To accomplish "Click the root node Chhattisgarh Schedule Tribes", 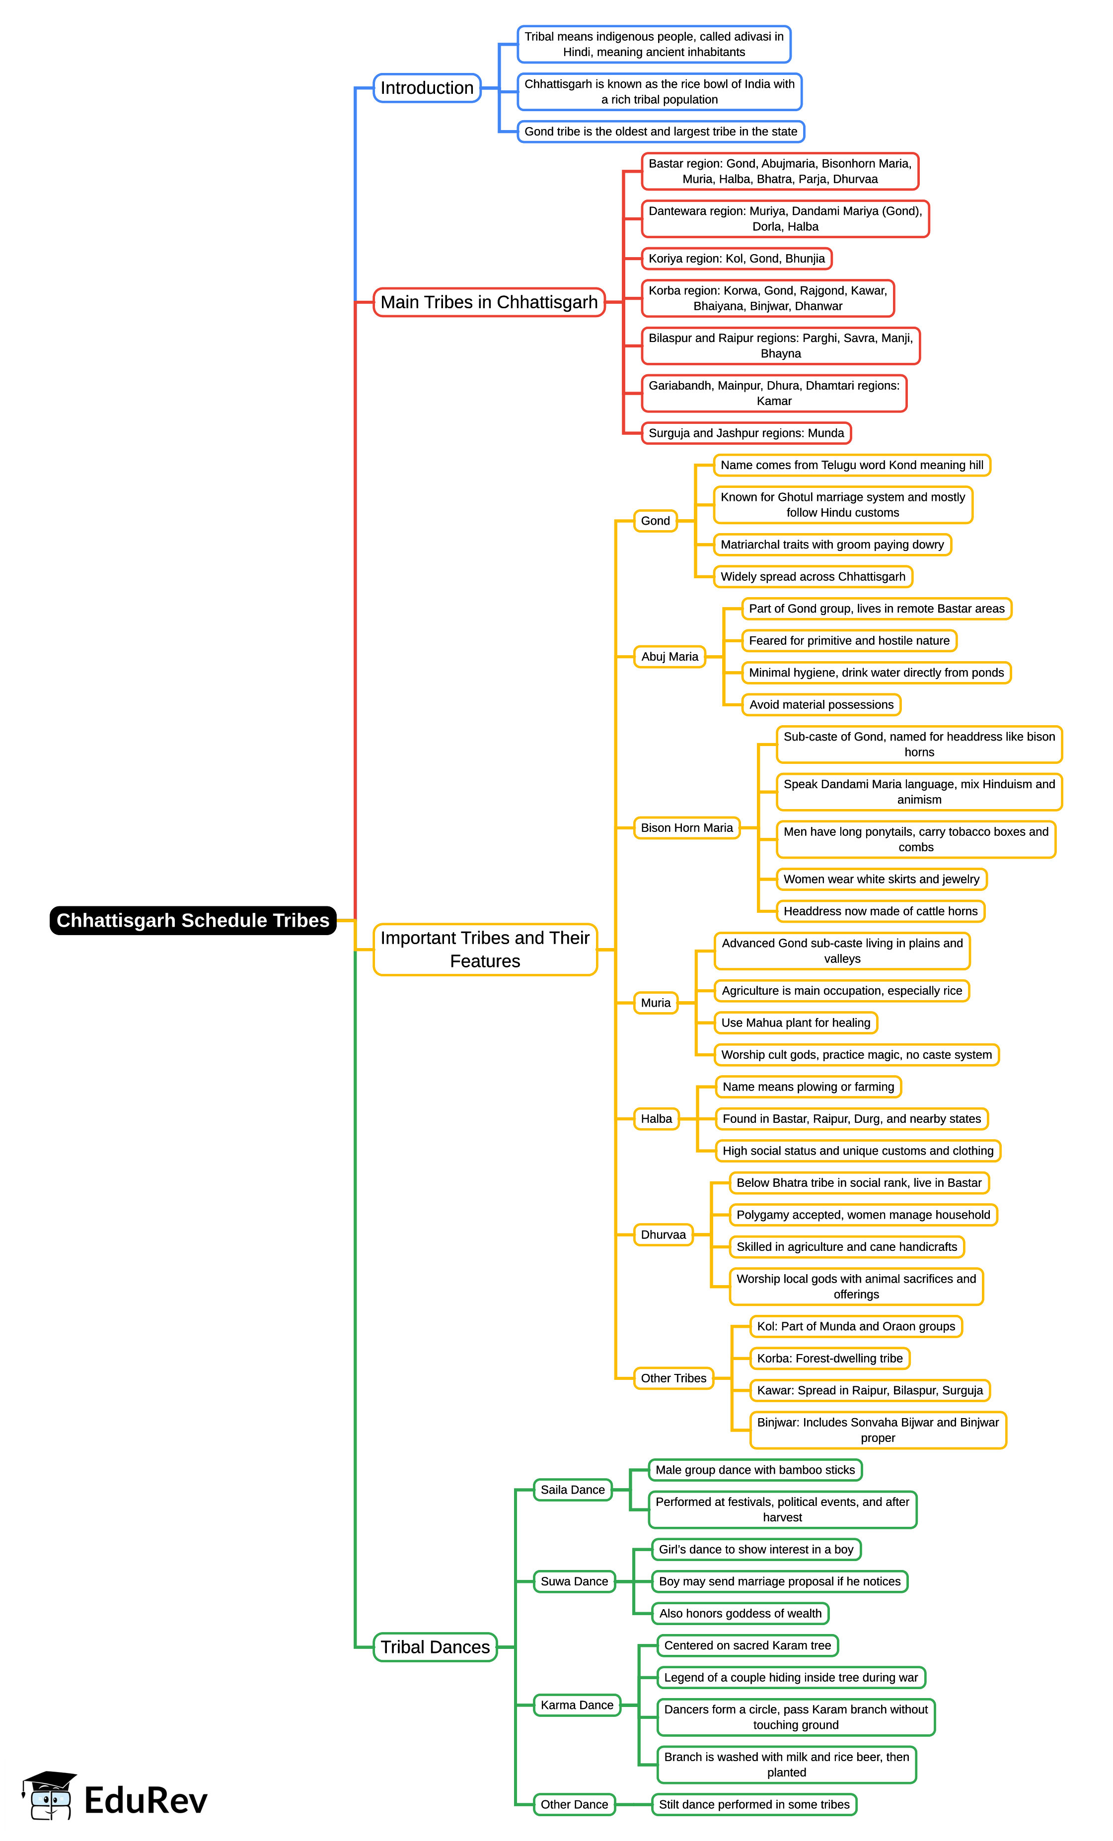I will tap(193, 920).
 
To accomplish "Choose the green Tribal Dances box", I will tap(435, 1647).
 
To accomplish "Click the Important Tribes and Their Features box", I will tap(485, 949).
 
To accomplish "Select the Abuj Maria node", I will tap(669, 657).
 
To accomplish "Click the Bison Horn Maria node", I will tap(686, 828).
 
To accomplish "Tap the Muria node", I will tap(656, 1003).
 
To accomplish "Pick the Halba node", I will tap(656, 1118).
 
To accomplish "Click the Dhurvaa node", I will tap(663, 1234).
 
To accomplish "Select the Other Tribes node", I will tap(673, 1378).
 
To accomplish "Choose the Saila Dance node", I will tap(573, 1490).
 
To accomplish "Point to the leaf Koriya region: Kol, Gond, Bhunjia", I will tap(736, 259).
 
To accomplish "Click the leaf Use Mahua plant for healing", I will tap(795, 1023).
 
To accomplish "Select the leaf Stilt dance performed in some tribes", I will tap(753, 1804).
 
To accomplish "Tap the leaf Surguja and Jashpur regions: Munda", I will tap(746, 433).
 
